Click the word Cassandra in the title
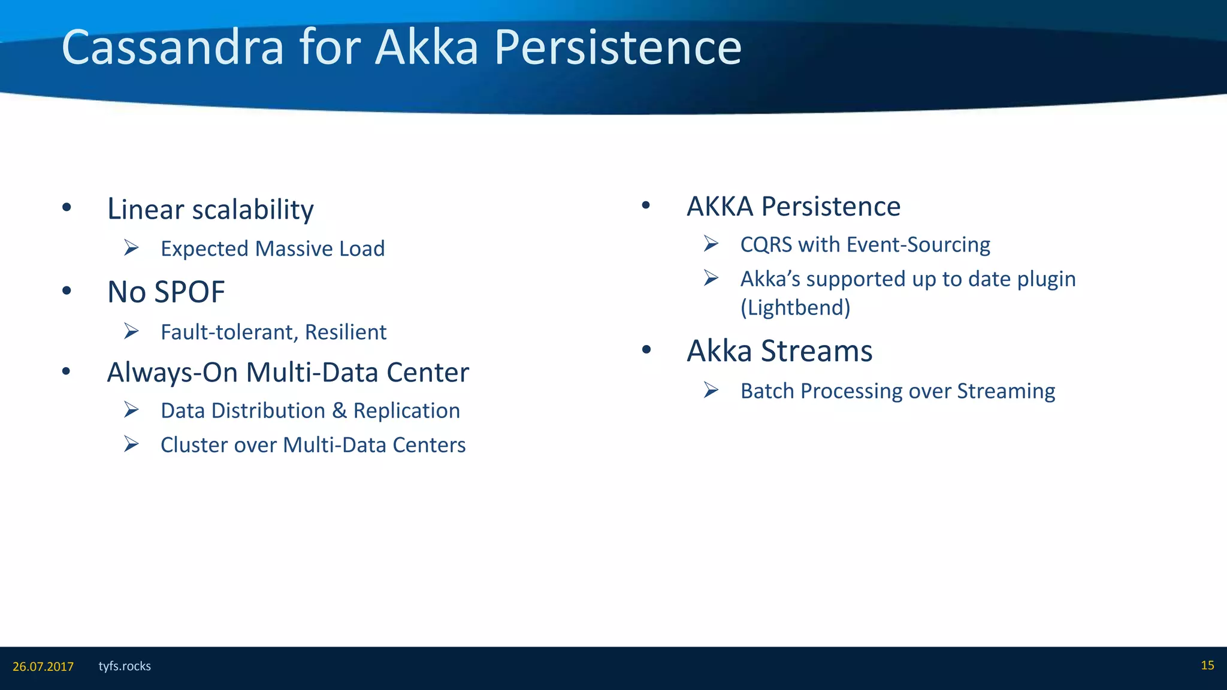(173, 48)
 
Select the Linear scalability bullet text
(210, 210)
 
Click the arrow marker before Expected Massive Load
(131, 247)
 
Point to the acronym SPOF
(189, 292)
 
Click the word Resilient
(346, 332)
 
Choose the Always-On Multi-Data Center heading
(288, 373)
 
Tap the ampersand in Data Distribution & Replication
(340, 411)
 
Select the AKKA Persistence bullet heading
(793, 207)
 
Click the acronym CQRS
(766, 245)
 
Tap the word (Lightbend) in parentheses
(795, 308)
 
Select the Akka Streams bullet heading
(779, 351)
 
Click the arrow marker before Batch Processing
(711, 390)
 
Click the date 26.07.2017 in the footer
(43, 667)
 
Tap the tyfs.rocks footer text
(125, 666)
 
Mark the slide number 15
(1207, 665)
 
